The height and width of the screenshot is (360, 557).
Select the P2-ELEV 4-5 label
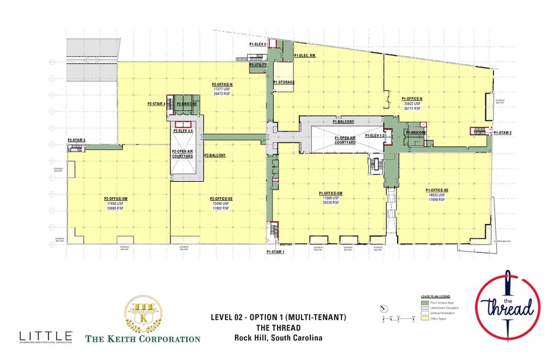tap(183, 131)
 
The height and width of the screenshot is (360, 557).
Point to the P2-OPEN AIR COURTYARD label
tap(183, 154)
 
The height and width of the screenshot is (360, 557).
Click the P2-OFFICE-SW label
tap(115, 198)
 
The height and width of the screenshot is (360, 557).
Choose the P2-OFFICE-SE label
tap(221, 198)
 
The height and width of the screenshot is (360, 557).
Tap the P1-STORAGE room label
tap(284, 83)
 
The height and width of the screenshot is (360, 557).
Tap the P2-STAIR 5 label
tap(77, 140)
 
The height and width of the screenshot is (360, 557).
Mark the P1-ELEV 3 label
tap(257, 45)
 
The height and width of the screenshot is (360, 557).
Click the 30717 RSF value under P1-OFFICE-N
tap(412, 109)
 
